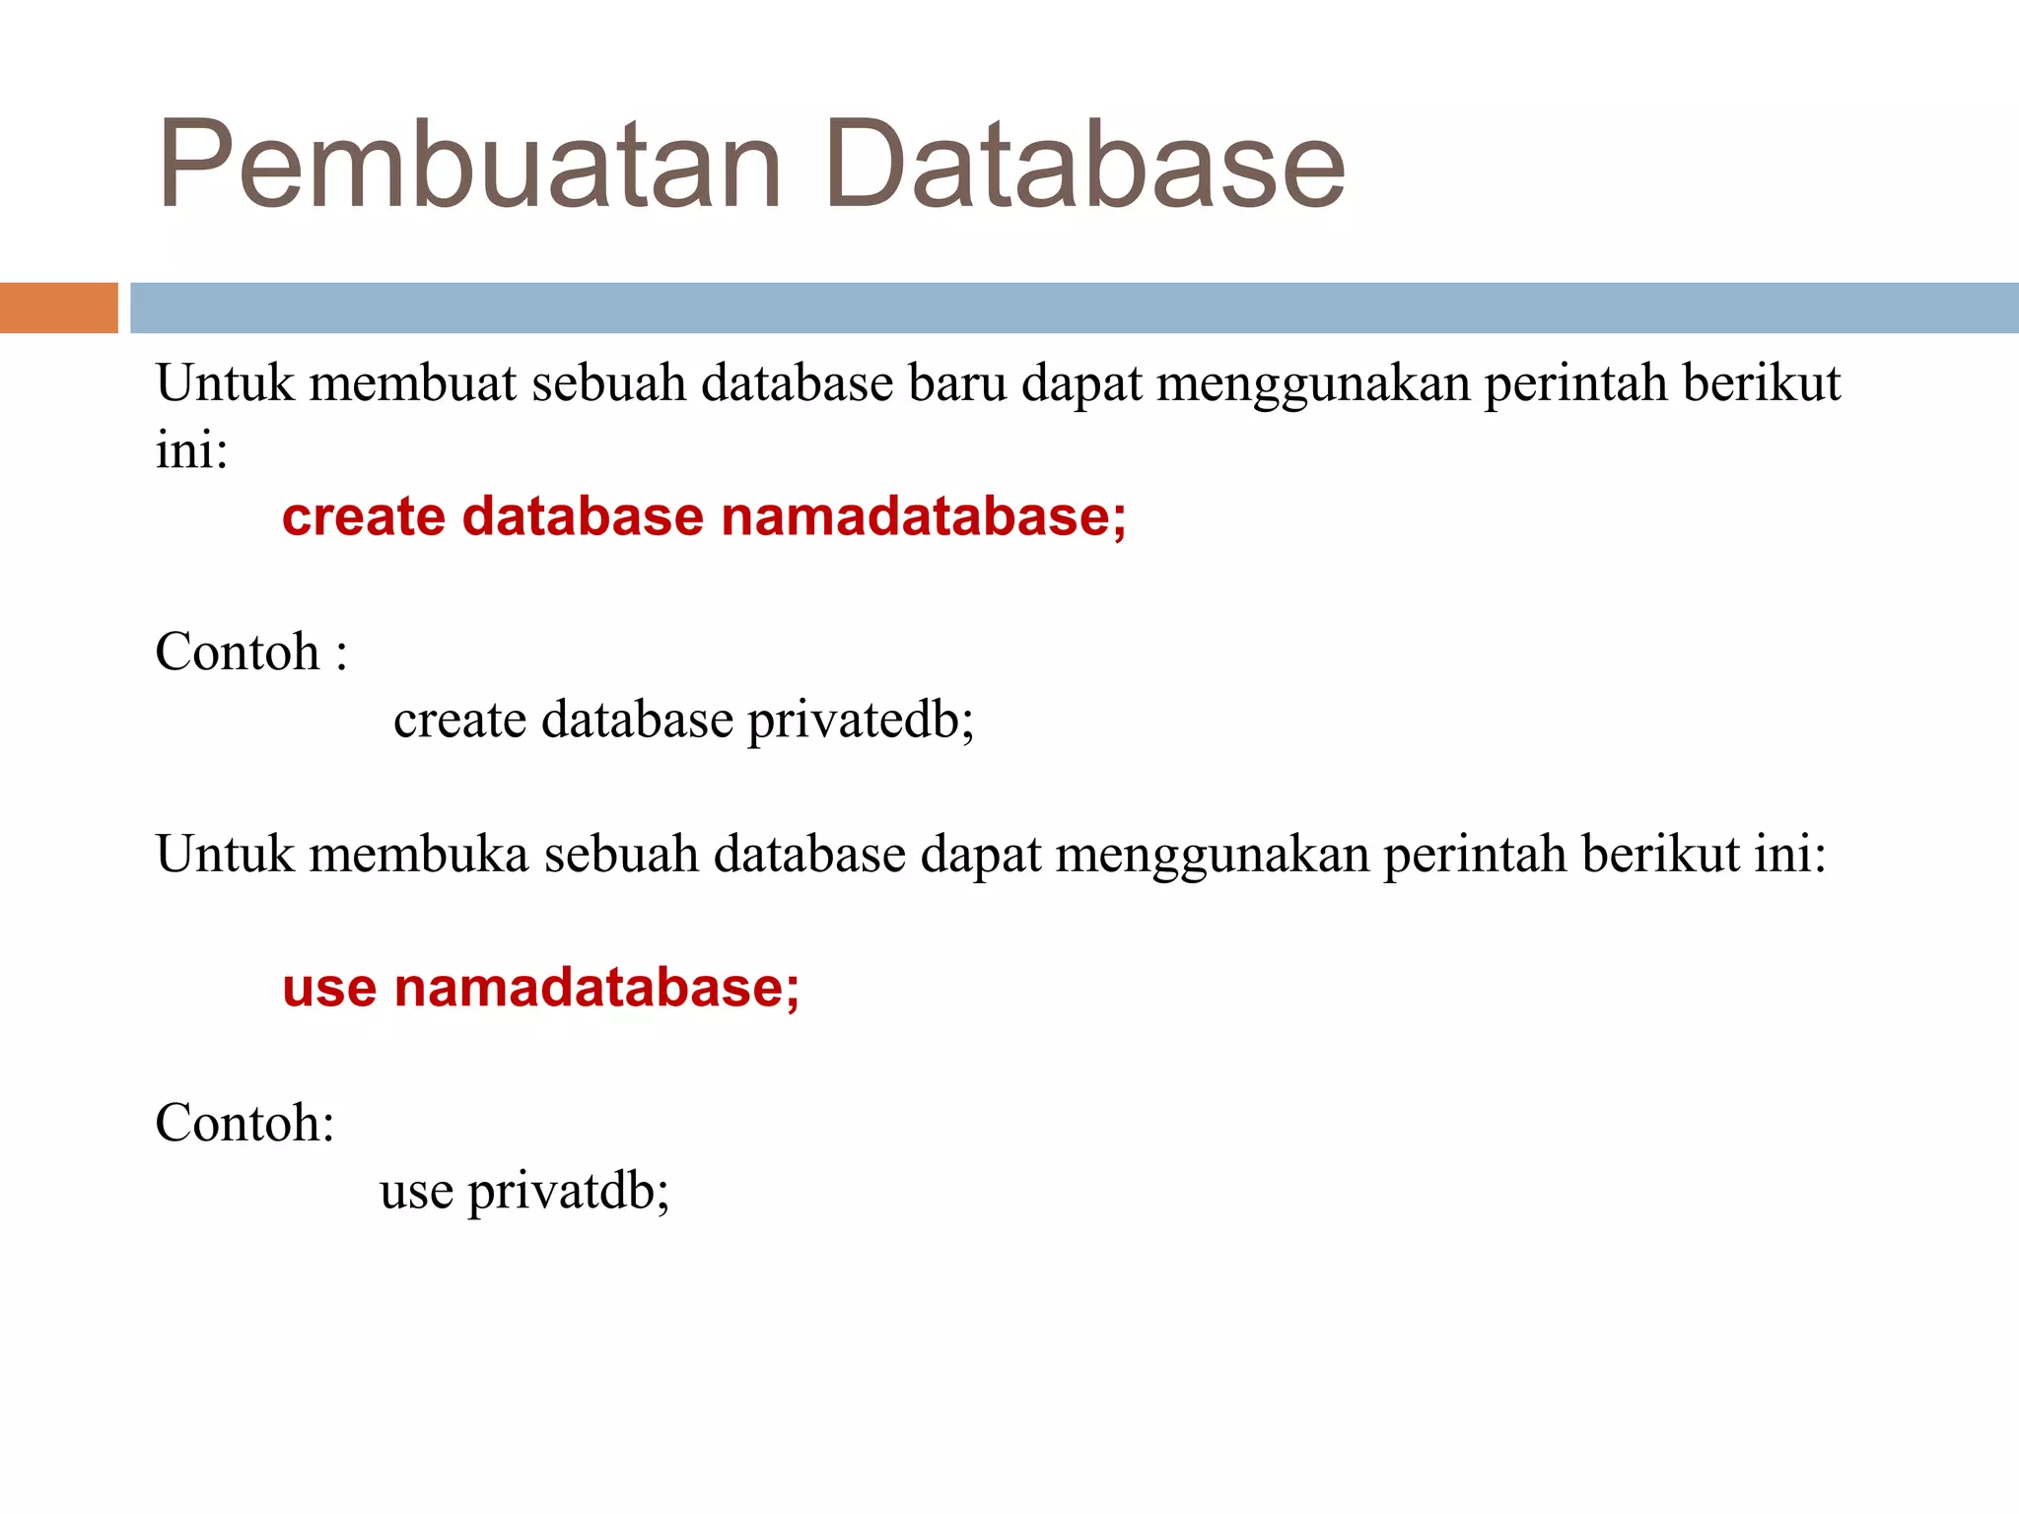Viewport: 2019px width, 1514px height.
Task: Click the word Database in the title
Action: point(1084,165)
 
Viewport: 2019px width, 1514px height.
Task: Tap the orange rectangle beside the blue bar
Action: point(58,308)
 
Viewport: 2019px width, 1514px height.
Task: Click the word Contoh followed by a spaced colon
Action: point(238,652)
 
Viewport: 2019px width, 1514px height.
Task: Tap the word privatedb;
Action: point(861,720)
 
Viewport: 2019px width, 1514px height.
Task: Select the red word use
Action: point(329,988)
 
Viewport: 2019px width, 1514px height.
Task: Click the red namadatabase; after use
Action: point(596,988)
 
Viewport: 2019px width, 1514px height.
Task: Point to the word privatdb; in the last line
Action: point(569,1191)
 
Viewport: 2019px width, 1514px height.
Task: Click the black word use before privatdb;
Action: point(416,1191)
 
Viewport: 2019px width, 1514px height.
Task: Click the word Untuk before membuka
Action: point(225,854)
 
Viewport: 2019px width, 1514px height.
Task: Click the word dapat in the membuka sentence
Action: point(980,856)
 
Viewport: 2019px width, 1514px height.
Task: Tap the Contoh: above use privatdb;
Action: point(244,1123)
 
